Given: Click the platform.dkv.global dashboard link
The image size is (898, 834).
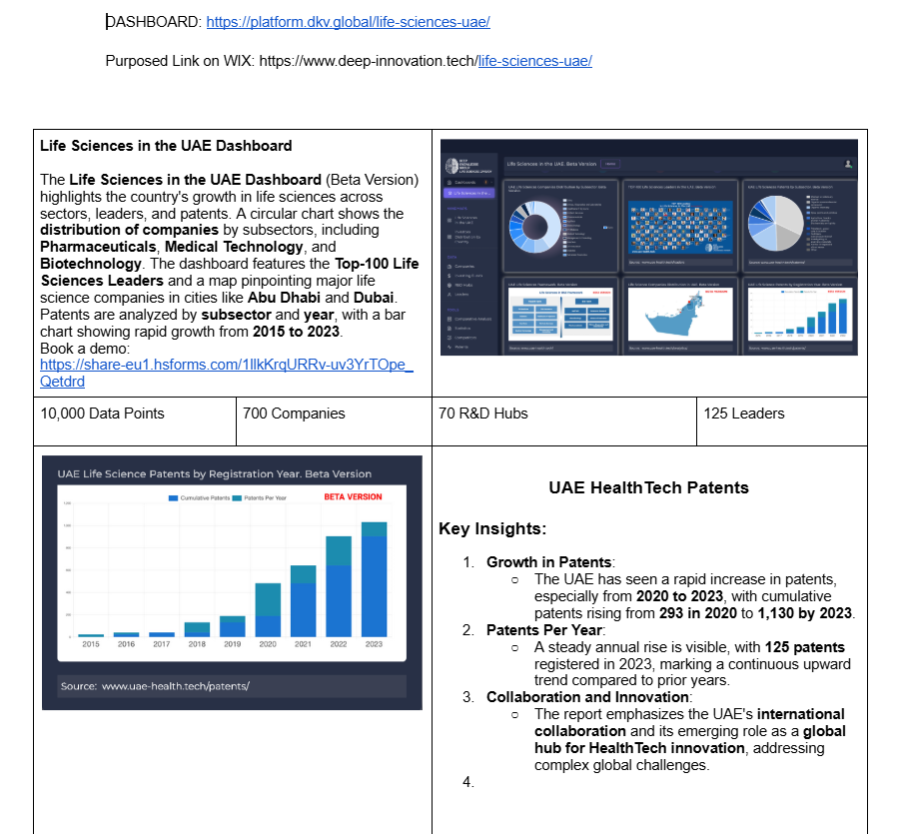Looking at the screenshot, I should [348, 22].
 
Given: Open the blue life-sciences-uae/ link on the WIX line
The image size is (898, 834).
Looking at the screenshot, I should [534, 61].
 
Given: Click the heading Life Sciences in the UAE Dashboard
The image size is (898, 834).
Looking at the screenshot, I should [166, 146].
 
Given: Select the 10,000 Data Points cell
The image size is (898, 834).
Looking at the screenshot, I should [103, 414].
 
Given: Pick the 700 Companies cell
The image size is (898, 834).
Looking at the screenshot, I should [294, 414].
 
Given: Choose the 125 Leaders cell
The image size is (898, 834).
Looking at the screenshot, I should [744, 414].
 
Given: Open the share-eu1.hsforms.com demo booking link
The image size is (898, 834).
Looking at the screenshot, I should [226, 365].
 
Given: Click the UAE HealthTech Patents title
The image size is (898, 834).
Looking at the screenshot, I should [648, 487].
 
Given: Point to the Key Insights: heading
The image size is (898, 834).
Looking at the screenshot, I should [492, 529].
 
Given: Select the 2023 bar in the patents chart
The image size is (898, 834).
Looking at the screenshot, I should [374, 579].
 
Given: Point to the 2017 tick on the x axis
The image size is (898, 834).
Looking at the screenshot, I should [162, 644].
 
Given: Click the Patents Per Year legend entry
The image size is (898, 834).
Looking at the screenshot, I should [270, 497].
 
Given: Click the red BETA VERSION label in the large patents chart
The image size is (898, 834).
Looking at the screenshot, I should [353, 496].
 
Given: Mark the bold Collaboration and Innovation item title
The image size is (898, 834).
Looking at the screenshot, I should [587, 696].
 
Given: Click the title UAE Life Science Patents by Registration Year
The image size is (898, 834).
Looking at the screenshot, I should [214, 473].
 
